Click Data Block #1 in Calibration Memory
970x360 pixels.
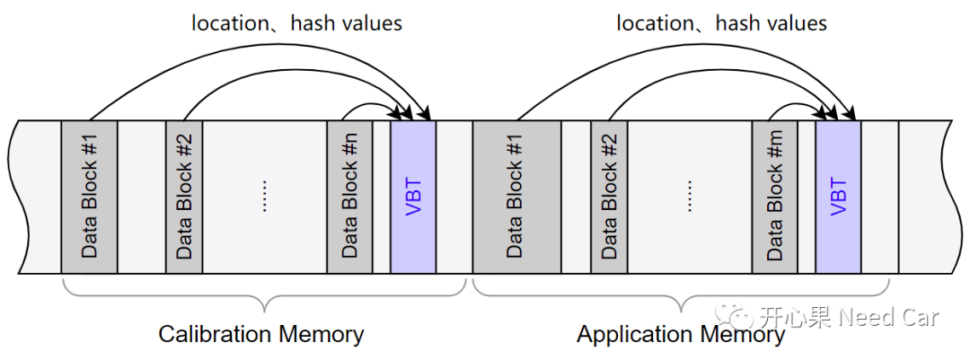[x=89, y=197]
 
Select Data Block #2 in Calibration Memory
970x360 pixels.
[x=184, y=197]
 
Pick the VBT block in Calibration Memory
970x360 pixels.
[x=413, y=197]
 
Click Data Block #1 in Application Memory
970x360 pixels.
[x=516, y=197]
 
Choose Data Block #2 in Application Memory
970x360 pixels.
[x=609, y=197]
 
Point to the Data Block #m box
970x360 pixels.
[x=774, y=197]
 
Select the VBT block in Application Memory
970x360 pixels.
[x=838, y=197]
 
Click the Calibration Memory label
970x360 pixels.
[x=261, y=335]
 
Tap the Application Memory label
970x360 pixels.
[x=681, y=335]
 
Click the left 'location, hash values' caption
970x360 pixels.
[x=296, y=23]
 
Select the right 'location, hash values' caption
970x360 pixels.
[x=721, y=23]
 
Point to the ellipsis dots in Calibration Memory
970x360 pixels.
[x=265, y=197]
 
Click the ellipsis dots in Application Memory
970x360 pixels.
[x=690, y=197]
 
